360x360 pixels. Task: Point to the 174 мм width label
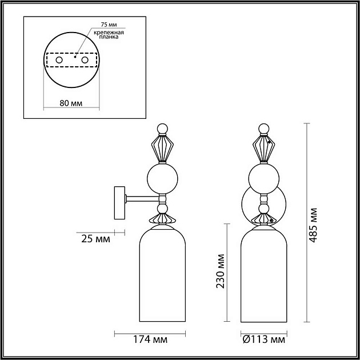click(150, 341)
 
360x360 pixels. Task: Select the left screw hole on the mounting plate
click(59, 60)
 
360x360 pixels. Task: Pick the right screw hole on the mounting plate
click(85, 60)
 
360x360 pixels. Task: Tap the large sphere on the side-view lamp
click(163, 178)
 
